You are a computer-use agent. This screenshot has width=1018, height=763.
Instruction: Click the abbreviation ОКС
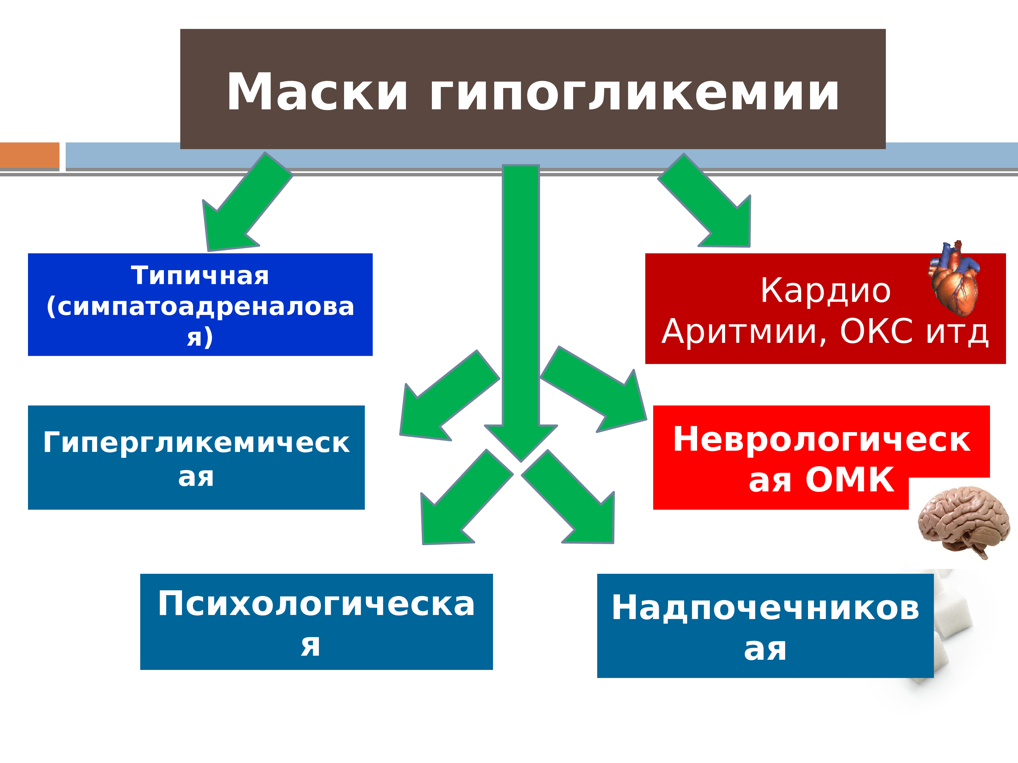(x=876, y=331)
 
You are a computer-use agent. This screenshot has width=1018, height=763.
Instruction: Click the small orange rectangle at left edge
(x=30, y=155)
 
